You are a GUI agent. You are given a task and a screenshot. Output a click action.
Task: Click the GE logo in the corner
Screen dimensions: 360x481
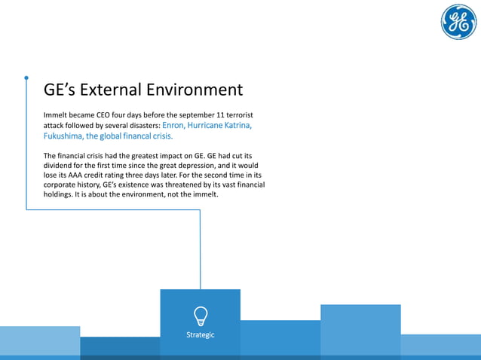click(458, 23)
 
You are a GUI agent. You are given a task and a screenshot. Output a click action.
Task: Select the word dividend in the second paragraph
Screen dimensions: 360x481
click(60, 164)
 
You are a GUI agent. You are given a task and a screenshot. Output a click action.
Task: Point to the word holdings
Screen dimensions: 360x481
click(61, 194)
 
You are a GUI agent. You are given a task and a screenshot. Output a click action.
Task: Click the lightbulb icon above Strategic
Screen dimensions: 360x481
click(201, 314)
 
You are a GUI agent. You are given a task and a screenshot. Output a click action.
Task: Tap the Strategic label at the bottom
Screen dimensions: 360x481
click(201, 334)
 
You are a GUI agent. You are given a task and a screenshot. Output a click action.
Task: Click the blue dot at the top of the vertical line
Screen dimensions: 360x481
click(26, 77)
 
